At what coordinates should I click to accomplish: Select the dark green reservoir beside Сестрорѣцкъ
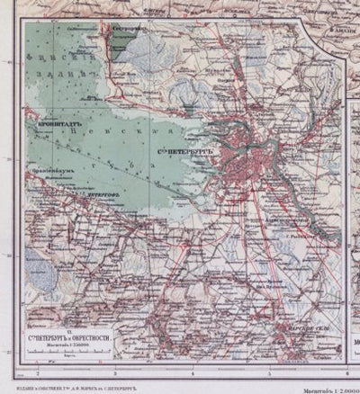[x=135, y=42]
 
